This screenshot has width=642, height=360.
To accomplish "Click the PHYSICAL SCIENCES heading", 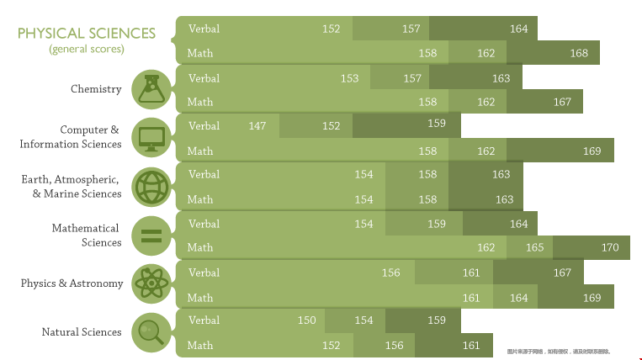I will tap(87, 33).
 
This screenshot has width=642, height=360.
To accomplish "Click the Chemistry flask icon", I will tap(151, 89).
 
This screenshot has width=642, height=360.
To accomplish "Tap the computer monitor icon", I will tap(151, 137).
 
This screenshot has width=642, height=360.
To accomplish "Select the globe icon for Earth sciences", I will tap(151, 187).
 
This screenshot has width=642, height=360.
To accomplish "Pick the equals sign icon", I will tap(151, 235).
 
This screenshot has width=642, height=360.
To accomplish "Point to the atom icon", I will tap(151, 283).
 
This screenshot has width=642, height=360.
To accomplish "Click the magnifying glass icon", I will tap(151, 331).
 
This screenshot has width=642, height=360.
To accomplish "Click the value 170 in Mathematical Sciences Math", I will tap(610, 247).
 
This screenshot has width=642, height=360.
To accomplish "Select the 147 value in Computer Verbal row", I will tap(257, 126).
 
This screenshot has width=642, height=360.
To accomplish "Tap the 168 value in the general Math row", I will tap(579, 53).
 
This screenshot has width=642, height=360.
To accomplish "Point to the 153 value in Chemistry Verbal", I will tap(349, 78).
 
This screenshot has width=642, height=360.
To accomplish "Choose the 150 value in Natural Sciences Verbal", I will tap(307, 320).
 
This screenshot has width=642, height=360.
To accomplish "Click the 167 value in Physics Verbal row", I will tap(562, 273).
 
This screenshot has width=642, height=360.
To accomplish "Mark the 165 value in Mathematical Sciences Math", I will tap(535, 247).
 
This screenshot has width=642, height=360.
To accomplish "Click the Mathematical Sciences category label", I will tap(86, 236).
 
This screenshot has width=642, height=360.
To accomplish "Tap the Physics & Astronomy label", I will tap(72, 283).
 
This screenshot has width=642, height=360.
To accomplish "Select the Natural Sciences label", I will tap(82, 332).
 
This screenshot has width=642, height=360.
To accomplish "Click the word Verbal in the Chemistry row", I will tap(204, 78).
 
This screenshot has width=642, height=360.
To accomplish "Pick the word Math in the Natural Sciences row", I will tap(200, 345).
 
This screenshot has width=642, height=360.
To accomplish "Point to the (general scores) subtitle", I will tap(87, 49).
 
